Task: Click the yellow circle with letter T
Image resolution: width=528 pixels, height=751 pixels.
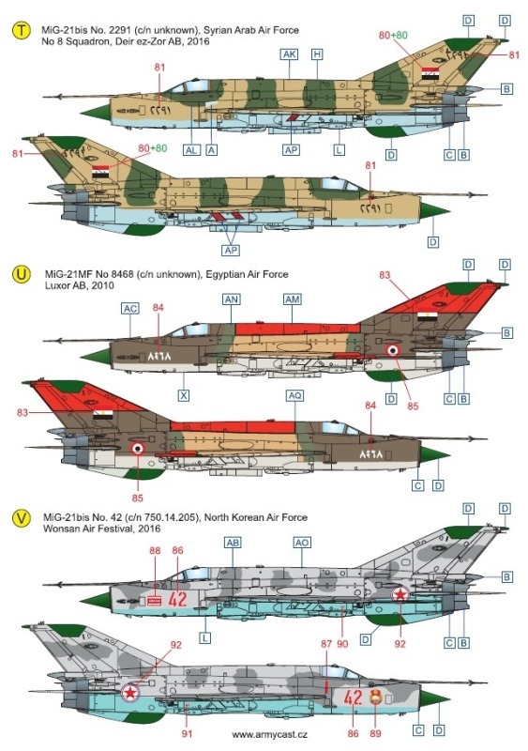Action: click(x=21, y=32)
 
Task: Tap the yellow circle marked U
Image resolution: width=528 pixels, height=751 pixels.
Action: click(x=21, y=275)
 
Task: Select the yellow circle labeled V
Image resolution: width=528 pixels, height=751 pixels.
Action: click(x=21, y=518)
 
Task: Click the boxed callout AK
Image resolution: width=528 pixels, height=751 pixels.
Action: click(x=290, y=54)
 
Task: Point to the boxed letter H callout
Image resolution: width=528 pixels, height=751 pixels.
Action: click(x=317, y=54)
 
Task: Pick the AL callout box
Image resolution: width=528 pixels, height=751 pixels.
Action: click(x=191, y=150)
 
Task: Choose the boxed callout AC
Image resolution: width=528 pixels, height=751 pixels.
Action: click(x=130, y=309)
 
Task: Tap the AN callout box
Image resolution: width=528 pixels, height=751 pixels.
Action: click(x=232, y=299)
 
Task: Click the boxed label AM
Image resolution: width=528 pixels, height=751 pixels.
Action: click(x=293, y=299)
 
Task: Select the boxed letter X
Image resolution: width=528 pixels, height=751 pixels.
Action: click(x=183, y=395)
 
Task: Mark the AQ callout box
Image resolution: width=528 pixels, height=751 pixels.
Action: click(x=294, y=395)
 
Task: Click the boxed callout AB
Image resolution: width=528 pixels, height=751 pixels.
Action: click(x=233, y=543)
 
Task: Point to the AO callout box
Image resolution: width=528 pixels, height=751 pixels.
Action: click(x=302, y=543)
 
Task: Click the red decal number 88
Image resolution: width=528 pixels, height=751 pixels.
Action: click(x=155, y=550)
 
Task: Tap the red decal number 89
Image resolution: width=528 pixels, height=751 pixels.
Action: click(x=375, y=733)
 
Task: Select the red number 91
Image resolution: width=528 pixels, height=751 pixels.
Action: click(x=188, y=733)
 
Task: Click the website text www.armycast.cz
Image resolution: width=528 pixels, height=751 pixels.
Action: click(x=269, y=735)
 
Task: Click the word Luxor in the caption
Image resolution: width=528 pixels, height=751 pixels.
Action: click(x=56, y=285)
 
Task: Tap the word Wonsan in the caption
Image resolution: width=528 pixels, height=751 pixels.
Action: click(x=58, y=529)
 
